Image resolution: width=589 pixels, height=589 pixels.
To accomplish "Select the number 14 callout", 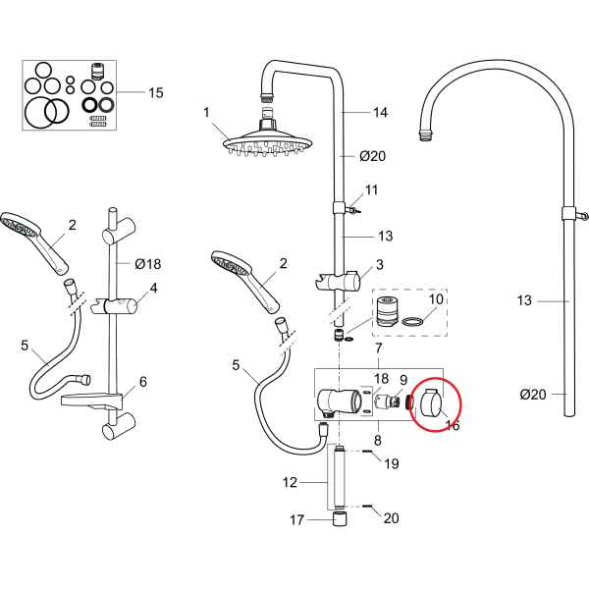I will click(x=380, y=113).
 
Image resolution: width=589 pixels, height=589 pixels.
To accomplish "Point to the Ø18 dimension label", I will click(x=146, y=264).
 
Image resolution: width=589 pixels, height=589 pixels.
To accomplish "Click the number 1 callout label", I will click(x=207, y=113).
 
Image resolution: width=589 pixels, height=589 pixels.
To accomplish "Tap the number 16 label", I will click(x=453, y=426).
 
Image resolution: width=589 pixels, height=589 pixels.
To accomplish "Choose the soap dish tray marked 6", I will click(x=93, y=400).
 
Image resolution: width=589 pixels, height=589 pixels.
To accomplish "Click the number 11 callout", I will click(x=371, y=189).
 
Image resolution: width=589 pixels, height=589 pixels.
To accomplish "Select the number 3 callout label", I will click(x=379, y=267).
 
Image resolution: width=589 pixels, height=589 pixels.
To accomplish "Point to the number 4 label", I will click(x=153, y=289).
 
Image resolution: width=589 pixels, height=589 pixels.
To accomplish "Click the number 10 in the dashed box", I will click(x=436, y=298).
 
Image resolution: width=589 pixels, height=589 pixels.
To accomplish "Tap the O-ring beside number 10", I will click(x=415, y=320).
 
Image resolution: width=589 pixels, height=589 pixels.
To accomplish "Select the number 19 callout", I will click(x=391, y=463).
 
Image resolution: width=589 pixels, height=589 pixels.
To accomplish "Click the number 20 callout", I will click(x=391, y=518).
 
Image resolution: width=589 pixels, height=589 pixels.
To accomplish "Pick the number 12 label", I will click(x=289, y=482).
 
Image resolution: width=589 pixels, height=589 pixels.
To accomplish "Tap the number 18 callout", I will click(x=382, y=378).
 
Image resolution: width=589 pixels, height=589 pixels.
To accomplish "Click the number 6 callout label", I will click(x=142, y=382).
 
